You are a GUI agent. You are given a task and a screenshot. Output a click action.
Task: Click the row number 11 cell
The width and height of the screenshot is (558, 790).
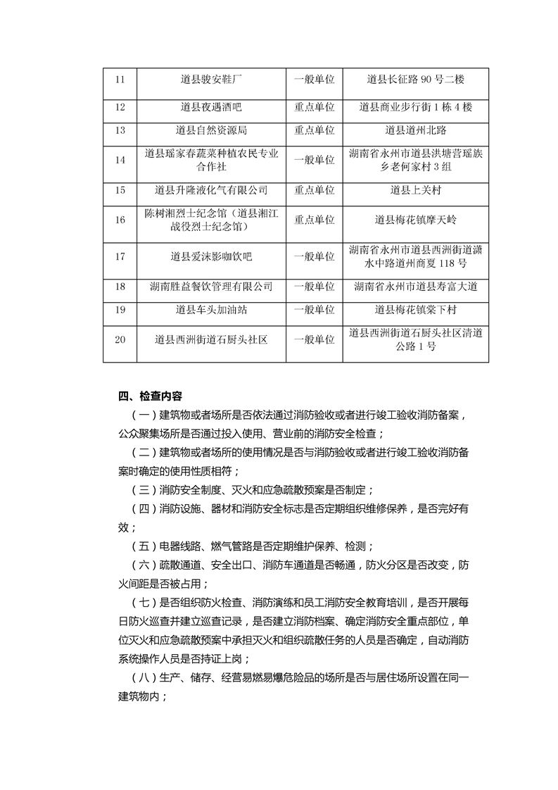click(x=120, y=80)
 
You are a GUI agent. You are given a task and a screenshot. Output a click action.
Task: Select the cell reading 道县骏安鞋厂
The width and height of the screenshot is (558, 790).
click(x=211, y=80)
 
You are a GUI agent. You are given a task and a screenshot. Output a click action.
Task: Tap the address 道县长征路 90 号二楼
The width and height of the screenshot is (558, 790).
click(x=416, y=80)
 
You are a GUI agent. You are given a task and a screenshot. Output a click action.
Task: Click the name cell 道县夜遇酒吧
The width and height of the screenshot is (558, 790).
click(x=211, y=107)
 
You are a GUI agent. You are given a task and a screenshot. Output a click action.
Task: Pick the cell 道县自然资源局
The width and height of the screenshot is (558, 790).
click(x=211, y=130)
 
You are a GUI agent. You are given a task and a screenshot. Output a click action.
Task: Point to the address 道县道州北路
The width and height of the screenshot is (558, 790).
click(x=416, y=130)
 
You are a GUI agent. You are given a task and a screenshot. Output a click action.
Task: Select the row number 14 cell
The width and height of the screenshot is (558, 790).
click(x=120, y=160)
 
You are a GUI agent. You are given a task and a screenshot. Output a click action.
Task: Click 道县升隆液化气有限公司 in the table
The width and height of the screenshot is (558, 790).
click(x=211, y=190)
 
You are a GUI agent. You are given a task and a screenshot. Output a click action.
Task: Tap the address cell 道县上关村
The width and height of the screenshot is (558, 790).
click(x=416, y=190)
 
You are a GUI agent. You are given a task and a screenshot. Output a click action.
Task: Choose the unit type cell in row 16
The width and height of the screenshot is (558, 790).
click(x=315, y=220)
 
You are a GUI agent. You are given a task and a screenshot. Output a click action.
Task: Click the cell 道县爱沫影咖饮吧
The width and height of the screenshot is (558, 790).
click(x=211, y=256)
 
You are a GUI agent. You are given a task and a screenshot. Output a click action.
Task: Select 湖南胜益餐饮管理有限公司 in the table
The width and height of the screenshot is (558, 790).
click(x=211, y=287)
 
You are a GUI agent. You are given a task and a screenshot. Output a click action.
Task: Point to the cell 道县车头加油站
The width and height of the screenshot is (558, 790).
click(x=211, y=309)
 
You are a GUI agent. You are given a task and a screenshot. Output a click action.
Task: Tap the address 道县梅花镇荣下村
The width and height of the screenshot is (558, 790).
click(x=416, y=309)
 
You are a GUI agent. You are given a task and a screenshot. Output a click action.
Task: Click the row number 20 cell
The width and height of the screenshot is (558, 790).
click(x=120, y=339)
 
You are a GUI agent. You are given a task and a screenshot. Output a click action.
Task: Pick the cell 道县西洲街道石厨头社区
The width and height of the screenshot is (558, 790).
click(x=211, y=339)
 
